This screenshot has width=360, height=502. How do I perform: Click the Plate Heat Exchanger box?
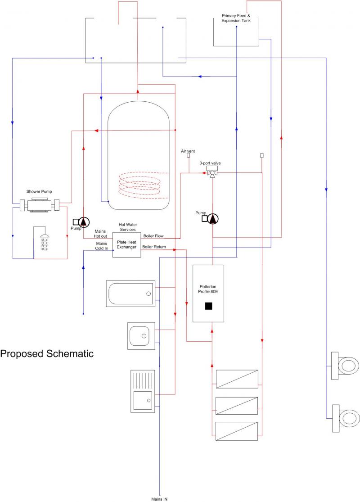[x=126, y=244]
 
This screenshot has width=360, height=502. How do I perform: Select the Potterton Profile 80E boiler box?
[x=208, y=293]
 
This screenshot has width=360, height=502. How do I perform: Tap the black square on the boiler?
[x=208, y=306]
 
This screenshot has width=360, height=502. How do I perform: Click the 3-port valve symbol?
[x=211, y=172]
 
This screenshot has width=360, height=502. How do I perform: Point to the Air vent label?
[x=188, y=151]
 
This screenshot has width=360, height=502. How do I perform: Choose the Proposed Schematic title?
[x=47, y=353]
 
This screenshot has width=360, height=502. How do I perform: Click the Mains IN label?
[x=159, y=499]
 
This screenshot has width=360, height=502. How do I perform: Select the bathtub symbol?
[x=130, y=294]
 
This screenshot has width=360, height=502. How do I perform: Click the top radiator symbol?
[x=237, y=379]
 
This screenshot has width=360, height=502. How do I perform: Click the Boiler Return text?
[x=153, y=247]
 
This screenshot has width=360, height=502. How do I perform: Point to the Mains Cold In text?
[x=101, y=246]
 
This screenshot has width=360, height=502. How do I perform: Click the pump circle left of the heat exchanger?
[x=84, y=222]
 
